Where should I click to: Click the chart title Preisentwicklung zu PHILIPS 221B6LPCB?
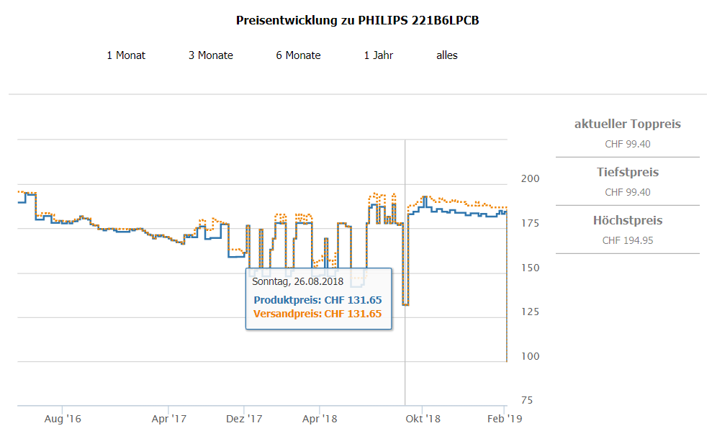358,20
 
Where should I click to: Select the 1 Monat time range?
126,55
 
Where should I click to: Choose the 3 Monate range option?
211,55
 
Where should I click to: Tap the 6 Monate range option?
298,55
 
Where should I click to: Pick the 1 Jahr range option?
379,55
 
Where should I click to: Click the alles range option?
447,55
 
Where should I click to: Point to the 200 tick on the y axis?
531,178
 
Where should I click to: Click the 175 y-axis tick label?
531,223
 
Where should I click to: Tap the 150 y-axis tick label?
531,268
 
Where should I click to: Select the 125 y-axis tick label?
531,312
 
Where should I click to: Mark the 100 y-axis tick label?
531,356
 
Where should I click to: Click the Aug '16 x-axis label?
63,418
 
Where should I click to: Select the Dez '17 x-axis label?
245,418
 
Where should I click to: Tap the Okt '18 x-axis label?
423,418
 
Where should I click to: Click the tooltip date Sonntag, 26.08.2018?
297,281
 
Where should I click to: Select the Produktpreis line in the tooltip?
317,300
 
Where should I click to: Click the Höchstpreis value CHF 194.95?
628,240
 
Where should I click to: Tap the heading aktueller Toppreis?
628,124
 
